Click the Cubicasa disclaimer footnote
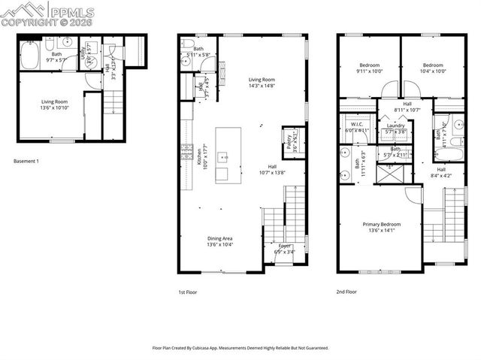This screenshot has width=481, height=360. coord(240,348)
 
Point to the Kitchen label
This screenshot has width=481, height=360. coord(200,156)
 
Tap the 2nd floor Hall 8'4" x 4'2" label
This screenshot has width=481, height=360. coord(441,173)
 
